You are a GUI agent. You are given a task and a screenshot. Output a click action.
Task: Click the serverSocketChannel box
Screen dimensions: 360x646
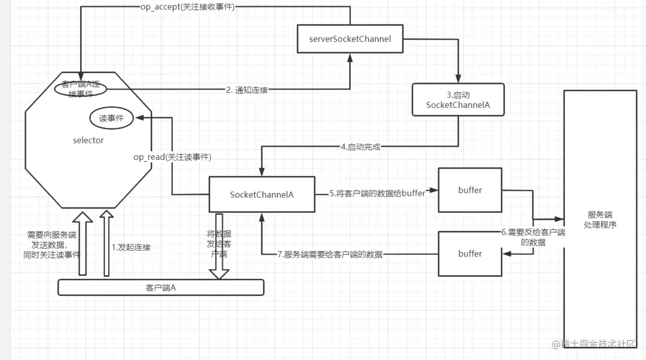(x=350, y=38)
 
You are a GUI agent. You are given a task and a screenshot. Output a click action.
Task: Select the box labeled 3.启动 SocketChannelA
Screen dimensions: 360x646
(x=458, y=100)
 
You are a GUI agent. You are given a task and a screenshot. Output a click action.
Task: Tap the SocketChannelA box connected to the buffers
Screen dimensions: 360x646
(x=262, y=194)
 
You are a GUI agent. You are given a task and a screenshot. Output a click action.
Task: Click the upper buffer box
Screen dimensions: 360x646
(x=469, y=190)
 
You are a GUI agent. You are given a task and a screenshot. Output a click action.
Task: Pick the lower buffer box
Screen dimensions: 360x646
(x=469, y=254)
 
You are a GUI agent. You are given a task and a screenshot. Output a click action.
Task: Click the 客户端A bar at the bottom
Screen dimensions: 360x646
(x=160, y=288)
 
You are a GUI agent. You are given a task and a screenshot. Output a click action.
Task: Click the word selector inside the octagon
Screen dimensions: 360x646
(x=89, y=140)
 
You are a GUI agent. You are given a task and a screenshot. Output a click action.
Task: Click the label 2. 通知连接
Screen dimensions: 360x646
(x=247, y=90)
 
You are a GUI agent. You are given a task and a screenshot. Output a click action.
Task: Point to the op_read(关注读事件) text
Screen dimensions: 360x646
(x=172, y=157)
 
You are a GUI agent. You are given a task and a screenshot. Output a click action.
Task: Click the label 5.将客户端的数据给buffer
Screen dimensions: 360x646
(x=377, y=193)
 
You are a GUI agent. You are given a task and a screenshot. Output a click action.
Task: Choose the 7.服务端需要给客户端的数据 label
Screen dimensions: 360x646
(x=330, y=254)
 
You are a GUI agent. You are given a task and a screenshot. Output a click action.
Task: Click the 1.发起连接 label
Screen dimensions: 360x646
(x=131, y=247)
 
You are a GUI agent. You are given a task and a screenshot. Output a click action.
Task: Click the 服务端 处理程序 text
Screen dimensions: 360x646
(x=600, y=219)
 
